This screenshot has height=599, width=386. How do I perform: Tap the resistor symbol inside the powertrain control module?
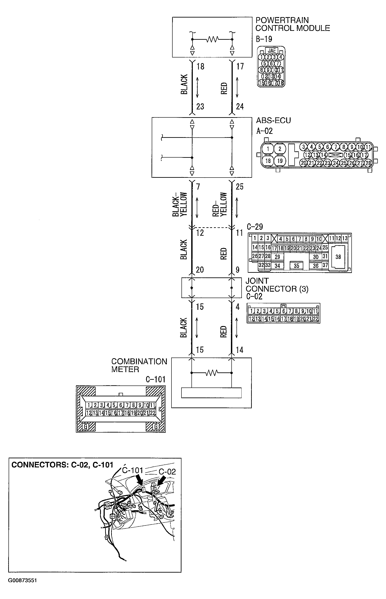[x=212, y=39]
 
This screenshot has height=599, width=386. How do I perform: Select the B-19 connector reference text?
[x=264, y=39]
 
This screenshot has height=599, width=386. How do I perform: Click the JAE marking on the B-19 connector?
[x=272, y=50]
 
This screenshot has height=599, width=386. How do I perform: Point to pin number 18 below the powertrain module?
[x=200, y=66]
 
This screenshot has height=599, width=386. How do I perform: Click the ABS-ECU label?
[x=273, y=120]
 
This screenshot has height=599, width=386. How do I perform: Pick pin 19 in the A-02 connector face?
[x=280, y=161]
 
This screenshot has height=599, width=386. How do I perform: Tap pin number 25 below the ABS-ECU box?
[x=239, y=187]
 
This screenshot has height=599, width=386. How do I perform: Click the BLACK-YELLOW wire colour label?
[x=180, y=204]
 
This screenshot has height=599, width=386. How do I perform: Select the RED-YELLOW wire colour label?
[x=220, y=204]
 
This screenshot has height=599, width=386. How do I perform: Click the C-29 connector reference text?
[x=255, y=227]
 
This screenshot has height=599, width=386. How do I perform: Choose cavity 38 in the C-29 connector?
[x=338, y=257]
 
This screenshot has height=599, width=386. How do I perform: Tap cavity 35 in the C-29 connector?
[x=296, y=266]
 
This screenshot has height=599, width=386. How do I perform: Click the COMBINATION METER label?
[x=139, y=365]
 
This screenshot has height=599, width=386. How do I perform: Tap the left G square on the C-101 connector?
[x=86, y=427]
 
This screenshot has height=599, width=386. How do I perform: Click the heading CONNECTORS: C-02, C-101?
[x=62, y=465]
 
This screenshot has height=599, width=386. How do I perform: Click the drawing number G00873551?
[x=23, y=580]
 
